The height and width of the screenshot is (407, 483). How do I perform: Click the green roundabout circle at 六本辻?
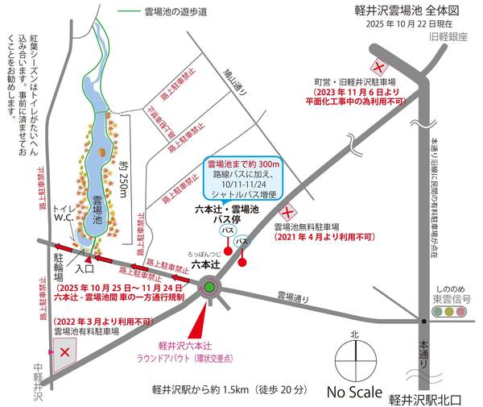[x=209, y=286]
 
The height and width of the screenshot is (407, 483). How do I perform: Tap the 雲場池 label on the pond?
[x=96, y=207]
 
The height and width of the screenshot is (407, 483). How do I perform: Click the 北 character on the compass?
[x=352, y=333]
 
